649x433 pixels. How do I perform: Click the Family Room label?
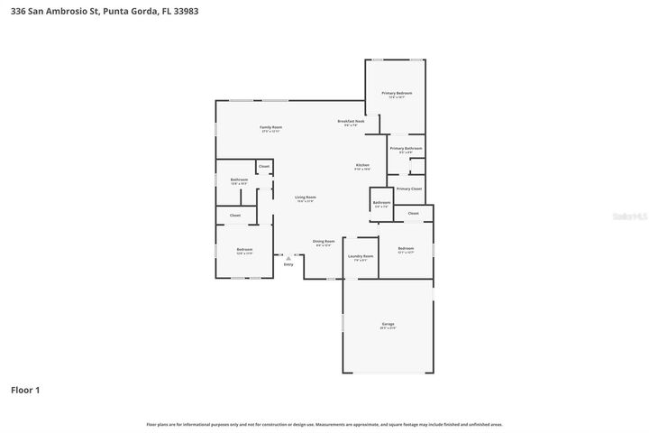tap(271, 128)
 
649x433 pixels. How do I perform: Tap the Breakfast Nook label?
tap(352, 122)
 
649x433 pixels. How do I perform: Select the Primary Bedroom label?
tap(397, 94)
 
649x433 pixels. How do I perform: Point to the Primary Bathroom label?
tap(406, 149)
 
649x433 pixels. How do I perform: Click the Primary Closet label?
tap(409, 189)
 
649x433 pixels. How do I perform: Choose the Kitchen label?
tap(362, 166)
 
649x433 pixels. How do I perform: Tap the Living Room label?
tap(306, 198)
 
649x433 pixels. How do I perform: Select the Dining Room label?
tap(324, 242)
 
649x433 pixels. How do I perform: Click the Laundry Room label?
tap(361, 257)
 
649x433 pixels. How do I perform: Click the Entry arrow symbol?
tap(288, 256)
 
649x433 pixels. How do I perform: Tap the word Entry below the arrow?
tap(288, 264)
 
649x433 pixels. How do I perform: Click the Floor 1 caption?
tap(25, 390)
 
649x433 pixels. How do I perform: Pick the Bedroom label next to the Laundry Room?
tap(406, 249)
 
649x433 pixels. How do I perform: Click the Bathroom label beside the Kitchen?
tap(381, 203)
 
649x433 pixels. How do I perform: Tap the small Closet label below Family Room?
tap(264, 167)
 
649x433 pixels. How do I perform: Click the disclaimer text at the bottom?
tap(324, 424)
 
